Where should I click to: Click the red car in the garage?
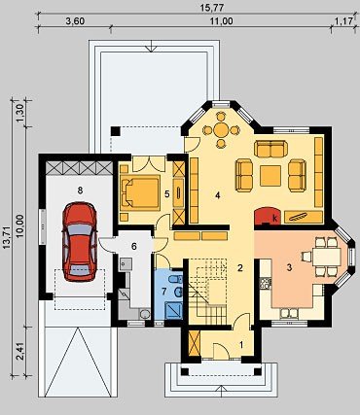tap(80, 241)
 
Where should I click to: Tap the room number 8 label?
tap(80, 190)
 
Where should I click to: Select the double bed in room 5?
tap(141, 191)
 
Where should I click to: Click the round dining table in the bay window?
tap(221, 130)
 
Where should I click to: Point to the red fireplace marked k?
tap(266, 216)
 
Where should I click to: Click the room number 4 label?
tap(218, 195)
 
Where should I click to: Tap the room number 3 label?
tap(289, 267)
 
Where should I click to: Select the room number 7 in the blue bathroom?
tap(164, 292)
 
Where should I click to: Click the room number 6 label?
tap(134, 247)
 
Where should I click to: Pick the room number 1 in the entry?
tap(241, 345)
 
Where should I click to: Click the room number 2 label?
tap(240, 268)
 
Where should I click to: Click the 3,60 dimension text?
tap(75, 21)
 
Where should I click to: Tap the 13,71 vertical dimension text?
tap(8, 237)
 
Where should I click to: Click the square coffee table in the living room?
tap(270, 176)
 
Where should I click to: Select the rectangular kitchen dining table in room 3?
tap(327, 257)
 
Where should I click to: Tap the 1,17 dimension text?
tap(343, 21)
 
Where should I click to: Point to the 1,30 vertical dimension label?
tap(21, 114)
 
